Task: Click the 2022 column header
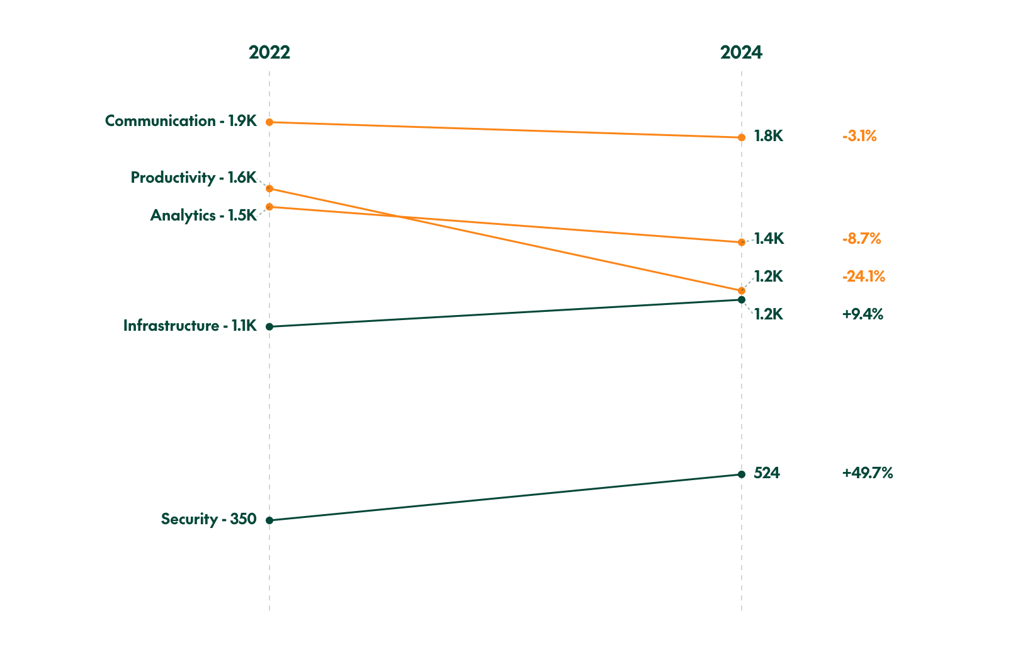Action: (x=269, y=52)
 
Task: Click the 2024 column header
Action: (x=741, y=52)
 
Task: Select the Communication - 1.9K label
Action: (x=181, y=121)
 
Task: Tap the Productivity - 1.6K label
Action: (x=193, y=178)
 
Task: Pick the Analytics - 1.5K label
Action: (x=203, y=215)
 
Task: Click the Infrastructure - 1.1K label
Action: (x=190, y=326)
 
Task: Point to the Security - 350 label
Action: (x=208, y=519)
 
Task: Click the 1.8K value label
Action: (x=768, y=136)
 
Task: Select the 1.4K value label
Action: (x=769, y=239)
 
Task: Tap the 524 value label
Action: (x=766, y=473)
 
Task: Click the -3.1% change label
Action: (x=859, y=136)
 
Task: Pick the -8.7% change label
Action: (x=861, y=239)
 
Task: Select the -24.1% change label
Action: (x=863, y=277)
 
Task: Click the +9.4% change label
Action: (x=862, y=314)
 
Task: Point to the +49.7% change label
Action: (x=867, y=473)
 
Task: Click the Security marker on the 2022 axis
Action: (x=269, y=520)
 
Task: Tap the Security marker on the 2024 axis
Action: (x=741, y=474)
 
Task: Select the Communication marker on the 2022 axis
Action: (x=269, y=122)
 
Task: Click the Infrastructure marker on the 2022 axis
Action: (x=269, y=326)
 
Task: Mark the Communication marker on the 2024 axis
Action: (x=741, y=137)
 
